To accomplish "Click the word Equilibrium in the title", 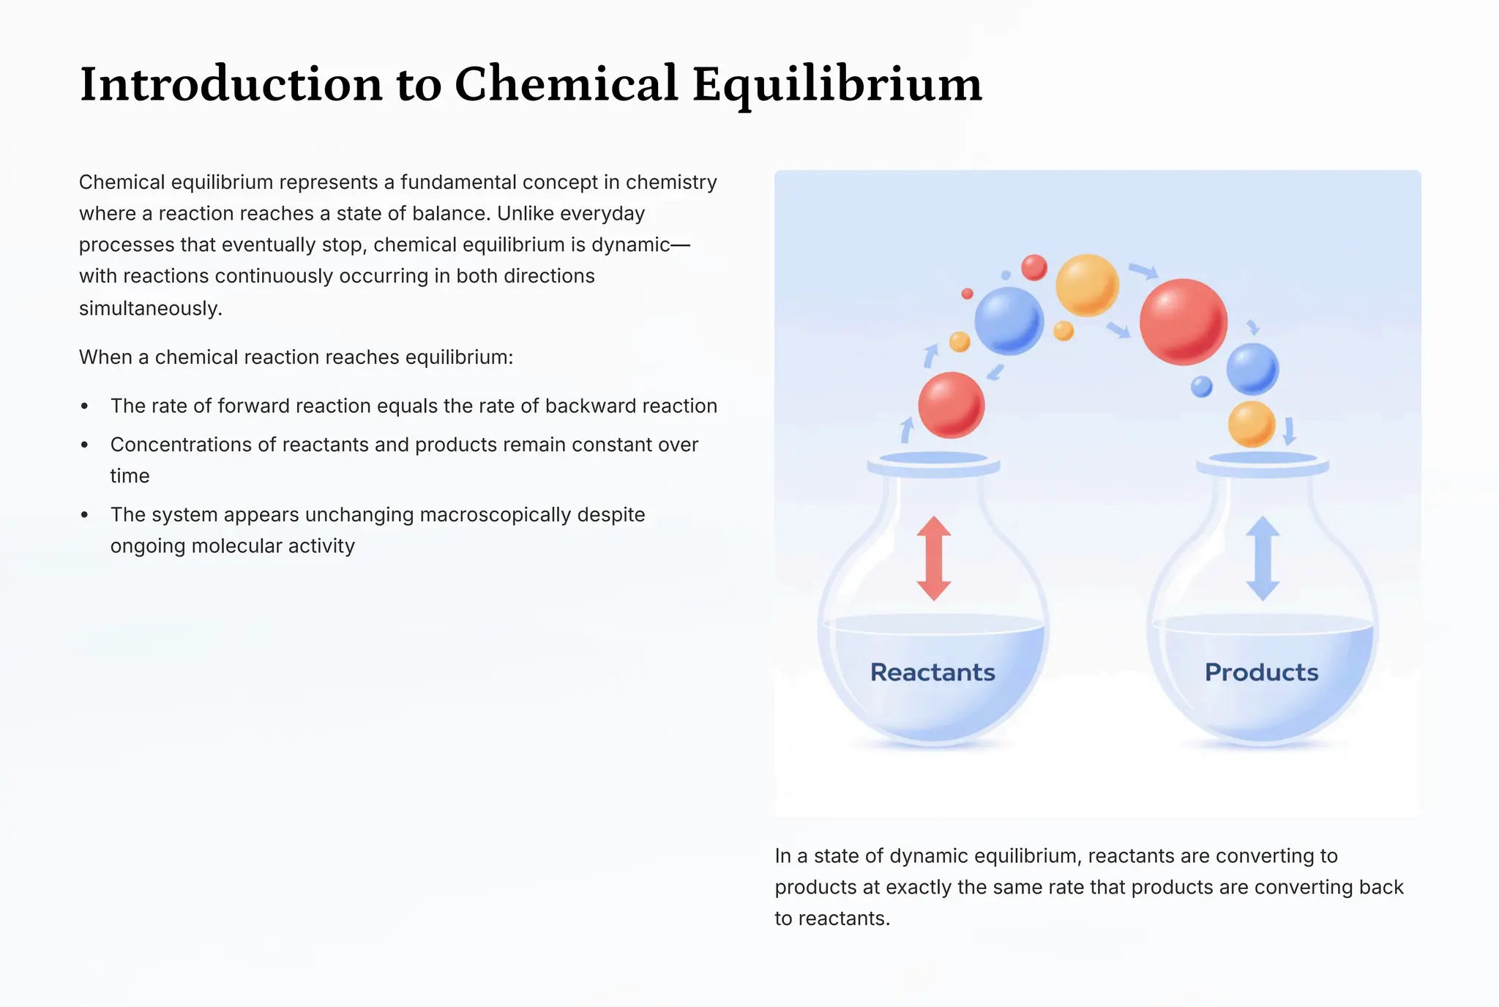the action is point(837,85).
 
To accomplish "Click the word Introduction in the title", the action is point(231,83).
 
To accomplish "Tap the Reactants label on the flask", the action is point(932,672).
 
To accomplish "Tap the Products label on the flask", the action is point(1261,672).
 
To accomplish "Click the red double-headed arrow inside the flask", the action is point(934,558).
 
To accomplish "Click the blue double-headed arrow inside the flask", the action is point(1263,558).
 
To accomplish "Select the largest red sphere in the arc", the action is point(1183,322).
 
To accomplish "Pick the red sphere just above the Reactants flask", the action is point(951,405).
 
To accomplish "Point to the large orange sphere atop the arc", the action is point(1087,284).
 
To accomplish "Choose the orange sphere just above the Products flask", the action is point(1252,423).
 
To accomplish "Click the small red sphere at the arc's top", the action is point(1033,267).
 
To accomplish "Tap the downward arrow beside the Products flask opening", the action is point(1290,431).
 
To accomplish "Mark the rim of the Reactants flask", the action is point(933,463).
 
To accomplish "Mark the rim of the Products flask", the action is point(1262,463).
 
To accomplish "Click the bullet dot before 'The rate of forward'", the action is point(85,406).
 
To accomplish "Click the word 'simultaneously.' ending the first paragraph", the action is point(150,308).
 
